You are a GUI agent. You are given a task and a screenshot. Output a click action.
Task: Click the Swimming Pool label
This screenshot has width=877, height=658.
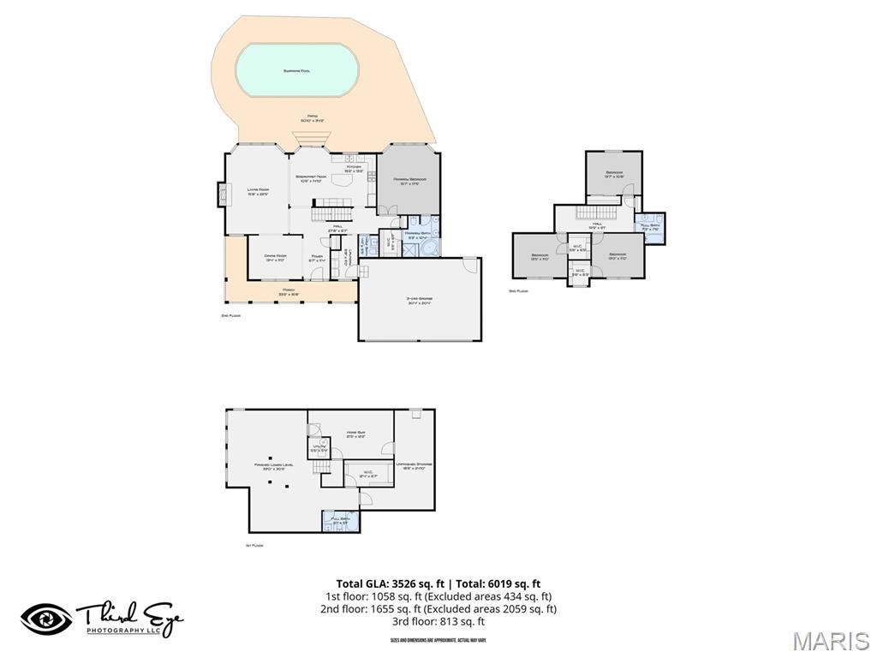point(296,70)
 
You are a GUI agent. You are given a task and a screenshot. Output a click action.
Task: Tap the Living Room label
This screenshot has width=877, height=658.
point(258,190)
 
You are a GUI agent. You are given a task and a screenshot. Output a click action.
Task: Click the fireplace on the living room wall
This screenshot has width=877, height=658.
point(224,195)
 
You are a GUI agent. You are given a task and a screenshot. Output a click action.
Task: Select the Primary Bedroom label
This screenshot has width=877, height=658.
point(410,180)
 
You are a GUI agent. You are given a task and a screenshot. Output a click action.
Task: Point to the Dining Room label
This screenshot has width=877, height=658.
point(274,256)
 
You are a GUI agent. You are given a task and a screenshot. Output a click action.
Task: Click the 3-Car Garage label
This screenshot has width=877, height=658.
point(419,300)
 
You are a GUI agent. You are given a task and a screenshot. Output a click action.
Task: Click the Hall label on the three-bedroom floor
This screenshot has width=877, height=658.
point(598,225)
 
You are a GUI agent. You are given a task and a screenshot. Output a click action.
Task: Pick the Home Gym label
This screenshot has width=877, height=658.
point(355,434)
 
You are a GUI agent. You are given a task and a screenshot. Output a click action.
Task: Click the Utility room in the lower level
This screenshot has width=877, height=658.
point(318,447)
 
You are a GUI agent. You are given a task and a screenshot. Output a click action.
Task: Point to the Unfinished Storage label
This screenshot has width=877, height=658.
point(415,465)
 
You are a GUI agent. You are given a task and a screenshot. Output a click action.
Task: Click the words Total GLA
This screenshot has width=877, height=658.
point(364,584)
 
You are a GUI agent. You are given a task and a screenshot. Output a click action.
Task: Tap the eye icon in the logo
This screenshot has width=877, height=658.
point(46,619)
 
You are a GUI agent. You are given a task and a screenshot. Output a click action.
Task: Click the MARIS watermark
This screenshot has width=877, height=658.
point(829,640)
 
